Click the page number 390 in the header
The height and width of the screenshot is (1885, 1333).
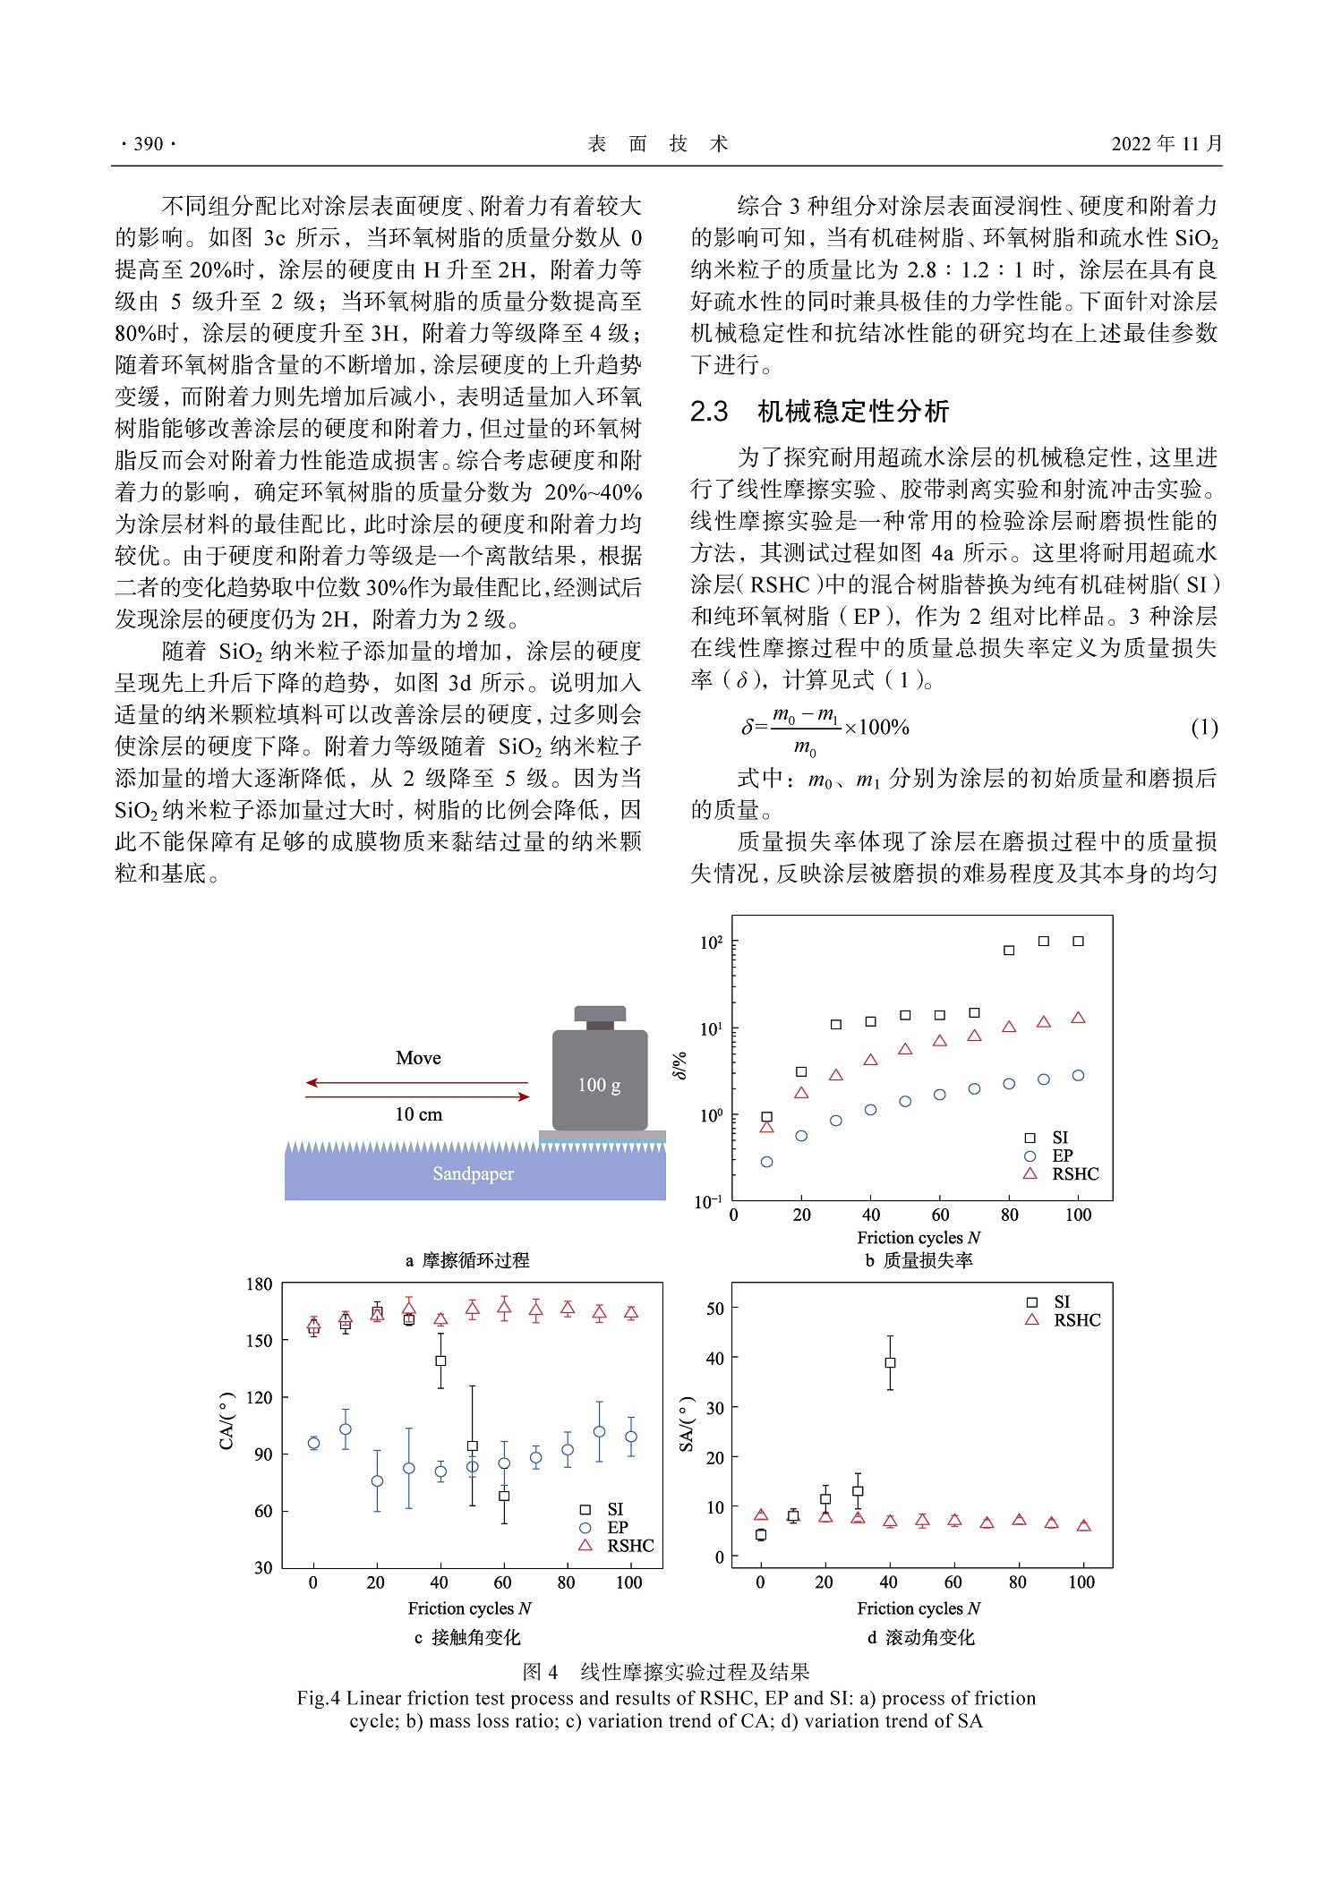click(x=148, y=144)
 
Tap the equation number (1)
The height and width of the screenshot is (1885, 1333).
click(x=1204, y=727)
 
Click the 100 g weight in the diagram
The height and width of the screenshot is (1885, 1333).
click(x=600, y=1079)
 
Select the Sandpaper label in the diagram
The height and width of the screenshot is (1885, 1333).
click(x=473, y=1173)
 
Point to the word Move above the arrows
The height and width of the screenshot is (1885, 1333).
click(x=418, y=1058)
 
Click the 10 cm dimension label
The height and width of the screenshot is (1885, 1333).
click(x=418, y=1114)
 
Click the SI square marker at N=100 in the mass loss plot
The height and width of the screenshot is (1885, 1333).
click(x=1078, y=941)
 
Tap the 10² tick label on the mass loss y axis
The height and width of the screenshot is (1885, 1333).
click(x=711, y=942)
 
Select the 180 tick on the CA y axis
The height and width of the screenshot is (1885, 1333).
click(x=259, y=1284)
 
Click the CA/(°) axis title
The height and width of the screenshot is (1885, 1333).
click(x=227, y=1421)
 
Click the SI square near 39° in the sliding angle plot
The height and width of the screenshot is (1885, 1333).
click(x=890, y=1362)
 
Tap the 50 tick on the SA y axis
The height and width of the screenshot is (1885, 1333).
click(x=714, y=1309)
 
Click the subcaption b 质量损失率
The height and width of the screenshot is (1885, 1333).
click(x=919, y=1260)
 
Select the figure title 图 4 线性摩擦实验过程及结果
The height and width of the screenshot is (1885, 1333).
click(x=666, y=1671)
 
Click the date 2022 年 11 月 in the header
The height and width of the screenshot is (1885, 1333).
click(x=1166, y=144)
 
